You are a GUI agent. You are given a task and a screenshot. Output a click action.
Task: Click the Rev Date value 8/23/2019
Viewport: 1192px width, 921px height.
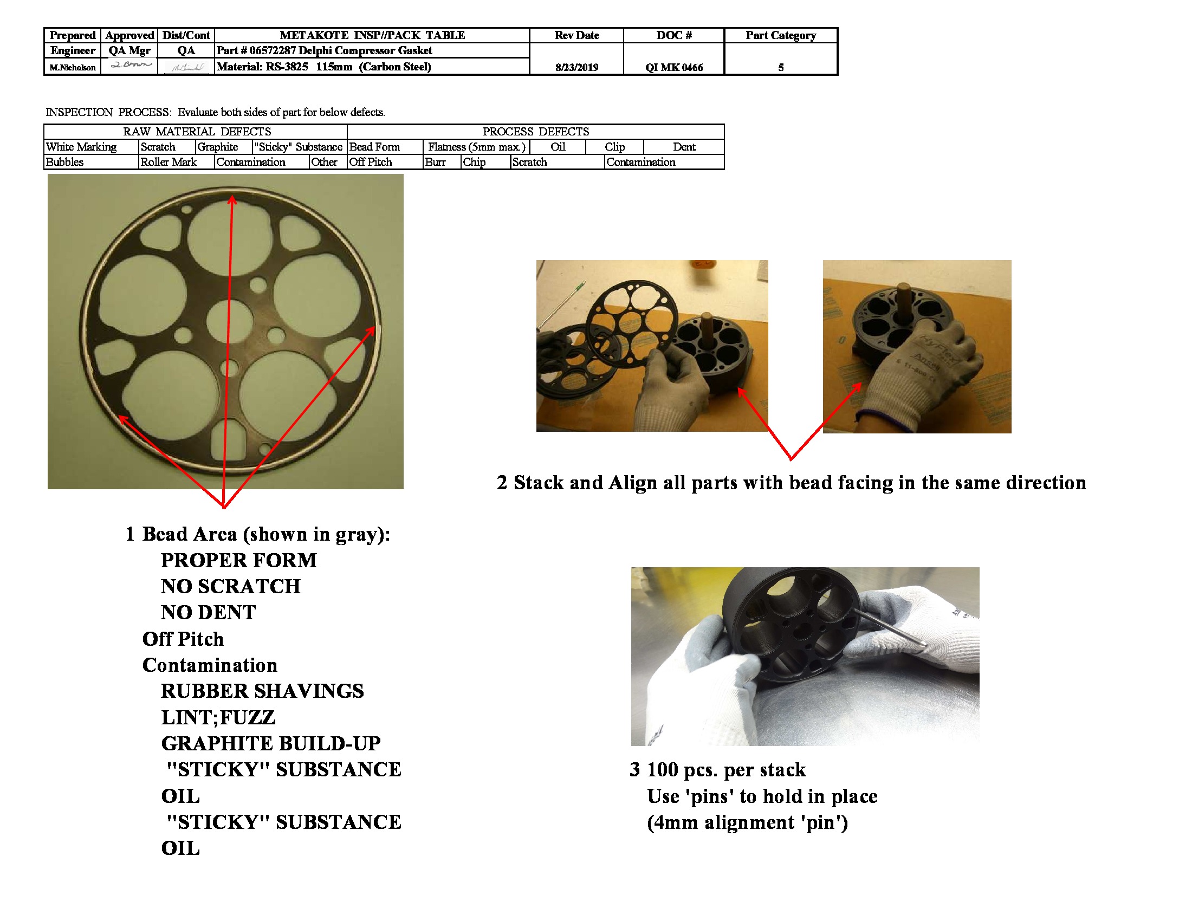(576, 67)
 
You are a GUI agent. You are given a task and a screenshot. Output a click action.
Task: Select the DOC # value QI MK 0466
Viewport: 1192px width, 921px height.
(673, 67)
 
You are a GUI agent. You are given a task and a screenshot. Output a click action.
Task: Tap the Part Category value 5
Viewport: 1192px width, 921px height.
(780, 67)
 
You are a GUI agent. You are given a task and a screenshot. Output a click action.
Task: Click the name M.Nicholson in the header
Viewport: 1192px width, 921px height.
(73, 67)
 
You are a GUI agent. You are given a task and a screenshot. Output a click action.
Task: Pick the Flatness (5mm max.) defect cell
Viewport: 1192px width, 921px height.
(476, 147)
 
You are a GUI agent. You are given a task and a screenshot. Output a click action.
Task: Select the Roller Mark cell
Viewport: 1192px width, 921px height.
(169, 162)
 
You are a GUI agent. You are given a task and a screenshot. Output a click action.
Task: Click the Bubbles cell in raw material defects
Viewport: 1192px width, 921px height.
(65, 162)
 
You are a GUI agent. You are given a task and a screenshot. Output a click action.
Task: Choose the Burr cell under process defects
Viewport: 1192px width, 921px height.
(436, 162)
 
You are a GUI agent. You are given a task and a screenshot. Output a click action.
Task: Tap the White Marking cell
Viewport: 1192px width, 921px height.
(81, 147)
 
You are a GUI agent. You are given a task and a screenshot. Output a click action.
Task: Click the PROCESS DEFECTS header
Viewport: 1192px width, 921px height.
(535, 132)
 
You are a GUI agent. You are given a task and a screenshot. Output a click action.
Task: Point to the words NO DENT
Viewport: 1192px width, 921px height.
(208, 612)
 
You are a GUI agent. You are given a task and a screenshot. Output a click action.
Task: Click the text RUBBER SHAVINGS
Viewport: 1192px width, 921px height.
(262, 691)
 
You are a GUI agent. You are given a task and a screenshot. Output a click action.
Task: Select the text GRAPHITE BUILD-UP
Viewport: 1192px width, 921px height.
(271, 743)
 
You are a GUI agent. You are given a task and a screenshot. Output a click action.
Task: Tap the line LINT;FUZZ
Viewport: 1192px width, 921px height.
(218, 717)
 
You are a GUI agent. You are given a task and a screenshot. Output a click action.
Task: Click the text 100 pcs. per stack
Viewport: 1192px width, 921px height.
(726, 769)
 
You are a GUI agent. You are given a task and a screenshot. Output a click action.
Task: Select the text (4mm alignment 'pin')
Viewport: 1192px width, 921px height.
(747, 822)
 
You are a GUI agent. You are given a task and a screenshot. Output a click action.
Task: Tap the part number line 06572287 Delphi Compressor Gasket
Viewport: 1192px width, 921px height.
(324, 51)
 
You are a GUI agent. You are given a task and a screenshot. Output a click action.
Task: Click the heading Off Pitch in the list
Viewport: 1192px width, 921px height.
(183, 639)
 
